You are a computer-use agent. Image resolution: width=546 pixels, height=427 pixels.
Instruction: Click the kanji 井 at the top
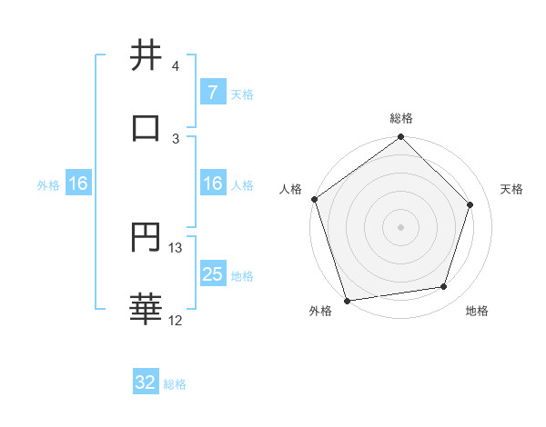(146, 55)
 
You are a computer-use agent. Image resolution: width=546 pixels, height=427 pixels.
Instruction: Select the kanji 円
(146, 238)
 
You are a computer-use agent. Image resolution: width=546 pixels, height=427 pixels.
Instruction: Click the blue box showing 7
(212, 93)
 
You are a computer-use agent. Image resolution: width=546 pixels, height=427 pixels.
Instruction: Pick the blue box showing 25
(212, 274)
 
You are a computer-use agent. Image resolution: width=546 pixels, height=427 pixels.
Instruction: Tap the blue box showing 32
(146, 382)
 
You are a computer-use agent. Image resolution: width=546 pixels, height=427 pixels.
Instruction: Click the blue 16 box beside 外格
(78, 184)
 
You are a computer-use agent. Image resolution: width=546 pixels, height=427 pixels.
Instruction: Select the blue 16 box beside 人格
(212, 184)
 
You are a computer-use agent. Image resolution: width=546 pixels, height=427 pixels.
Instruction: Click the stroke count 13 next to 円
(176, 247)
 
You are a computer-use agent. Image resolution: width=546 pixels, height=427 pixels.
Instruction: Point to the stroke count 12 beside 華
(176, 320)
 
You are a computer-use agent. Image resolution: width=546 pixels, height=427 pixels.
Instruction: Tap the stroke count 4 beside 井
(175, 65)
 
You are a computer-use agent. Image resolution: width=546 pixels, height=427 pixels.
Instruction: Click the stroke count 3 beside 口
(175, 138)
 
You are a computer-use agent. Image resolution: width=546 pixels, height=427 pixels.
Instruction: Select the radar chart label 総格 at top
(401, 118)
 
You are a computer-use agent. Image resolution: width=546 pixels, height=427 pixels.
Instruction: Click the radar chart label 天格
(512, 189)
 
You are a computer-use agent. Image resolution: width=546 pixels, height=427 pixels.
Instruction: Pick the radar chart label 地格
(477, 311)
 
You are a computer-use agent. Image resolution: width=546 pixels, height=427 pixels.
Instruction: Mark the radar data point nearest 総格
(401, 139)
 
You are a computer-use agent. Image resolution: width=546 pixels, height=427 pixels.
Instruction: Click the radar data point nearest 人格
(315, 199)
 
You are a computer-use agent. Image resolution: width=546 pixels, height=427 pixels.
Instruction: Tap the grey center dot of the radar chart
(401, 226)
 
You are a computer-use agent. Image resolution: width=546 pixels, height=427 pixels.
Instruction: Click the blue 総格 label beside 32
(175, 384)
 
